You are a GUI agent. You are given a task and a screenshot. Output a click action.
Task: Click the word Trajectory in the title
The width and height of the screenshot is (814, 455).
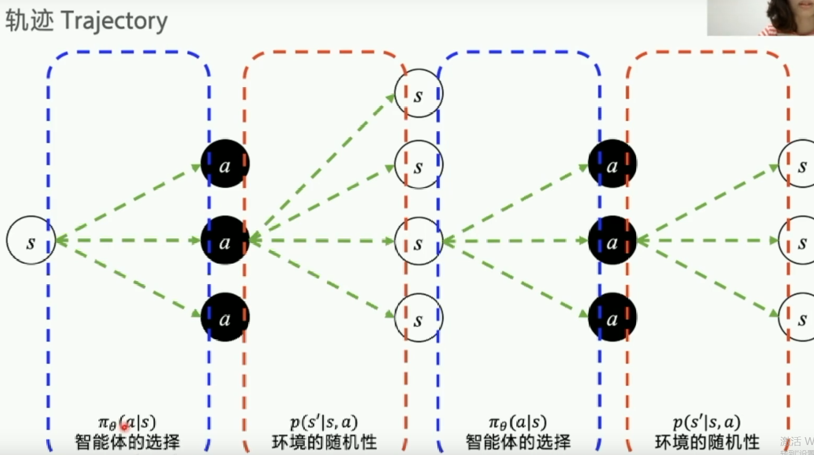click(115, 22)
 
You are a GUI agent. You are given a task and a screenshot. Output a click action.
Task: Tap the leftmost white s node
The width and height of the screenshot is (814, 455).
click(30, 240)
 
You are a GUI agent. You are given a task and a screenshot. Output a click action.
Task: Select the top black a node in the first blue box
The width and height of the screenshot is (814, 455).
click(225, 164)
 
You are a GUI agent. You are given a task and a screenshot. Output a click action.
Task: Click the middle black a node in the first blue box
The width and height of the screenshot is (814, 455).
click(225, 241)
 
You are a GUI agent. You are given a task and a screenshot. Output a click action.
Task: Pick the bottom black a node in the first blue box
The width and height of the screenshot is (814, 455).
click(225, 317)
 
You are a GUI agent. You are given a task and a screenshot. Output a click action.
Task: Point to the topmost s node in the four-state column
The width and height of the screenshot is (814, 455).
click(419, 94)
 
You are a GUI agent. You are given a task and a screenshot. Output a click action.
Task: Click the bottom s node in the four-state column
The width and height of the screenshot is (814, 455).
click(419, 318)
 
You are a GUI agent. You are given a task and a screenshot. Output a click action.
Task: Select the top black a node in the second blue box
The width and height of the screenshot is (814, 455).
click(612, 164)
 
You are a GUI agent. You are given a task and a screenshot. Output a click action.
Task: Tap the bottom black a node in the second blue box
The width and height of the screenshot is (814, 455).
click(612, 317)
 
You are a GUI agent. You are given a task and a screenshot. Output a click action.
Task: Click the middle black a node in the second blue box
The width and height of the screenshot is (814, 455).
click(612, 241)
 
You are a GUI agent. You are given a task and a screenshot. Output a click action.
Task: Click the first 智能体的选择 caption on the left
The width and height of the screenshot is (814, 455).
click(127, 442)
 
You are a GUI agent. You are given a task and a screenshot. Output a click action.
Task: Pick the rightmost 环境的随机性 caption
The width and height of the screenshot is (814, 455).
click(707, 442)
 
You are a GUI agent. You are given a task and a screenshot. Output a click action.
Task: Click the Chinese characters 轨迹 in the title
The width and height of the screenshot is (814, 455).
click(29, 22)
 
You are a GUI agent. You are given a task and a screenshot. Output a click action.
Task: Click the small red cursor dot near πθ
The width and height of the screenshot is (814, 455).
click(125, 427)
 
